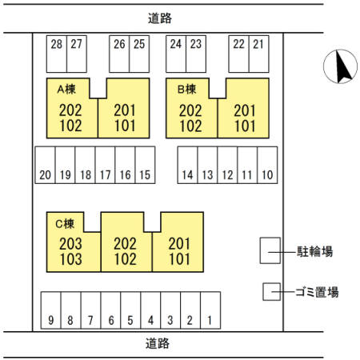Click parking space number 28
(57, 54)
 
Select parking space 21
(258, 54)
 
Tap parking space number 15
(145, 165)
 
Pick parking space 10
(267, 165)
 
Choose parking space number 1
(210, 310)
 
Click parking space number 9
(51, 310)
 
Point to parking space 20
(45, 165)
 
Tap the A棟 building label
(66, 89)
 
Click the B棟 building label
(187, 89)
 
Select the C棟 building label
(65, 223)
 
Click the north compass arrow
(342, 66)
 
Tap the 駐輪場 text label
(315, 251)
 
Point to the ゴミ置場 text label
(317, 292)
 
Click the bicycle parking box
(270, 250)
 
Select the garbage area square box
(272, 292)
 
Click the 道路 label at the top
(160, 18)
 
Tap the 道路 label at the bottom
(158, 343)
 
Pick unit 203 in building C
(70, 244)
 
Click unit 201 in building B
(245, 110)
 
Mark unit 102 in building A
(70, 126)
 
